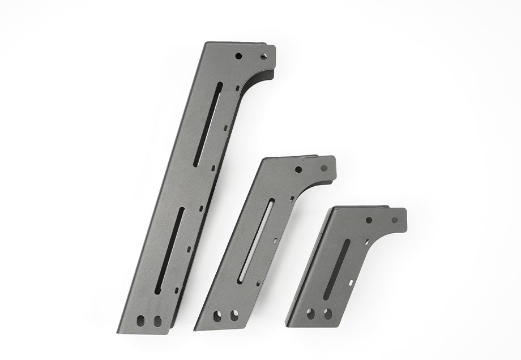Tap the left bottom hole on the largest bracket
coord(142,320)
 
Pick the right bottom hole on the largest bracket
coord(157,320)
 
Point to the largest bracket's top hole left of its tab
coord(238,56)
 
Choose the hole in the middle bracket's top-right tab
coord(323,168)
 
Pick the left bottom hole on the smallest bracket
coord(311,312)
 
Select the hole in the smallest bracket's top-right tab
coord(394,219)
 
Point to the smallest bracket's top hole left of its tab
coord(369,220)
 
